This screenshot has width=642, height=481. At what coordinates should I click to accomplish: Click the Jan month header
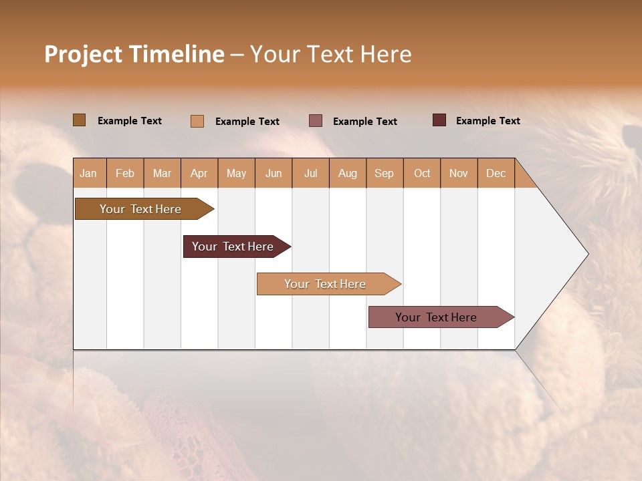[x=89, y=174]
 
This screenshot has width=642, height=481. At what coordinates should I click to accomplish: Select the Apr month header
[x=199, y=174]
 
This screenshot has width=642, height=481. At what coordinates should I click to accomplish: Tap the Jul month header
[x=311, y=174]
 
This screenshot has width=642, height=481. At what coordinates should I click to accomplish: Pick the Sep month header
[x=385, y=174]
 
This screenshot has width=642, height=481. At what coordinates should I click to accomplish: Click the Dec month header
[x=496, y=174]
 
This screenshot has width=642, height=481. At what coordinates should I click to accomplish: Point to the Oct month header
[x=422, y=174]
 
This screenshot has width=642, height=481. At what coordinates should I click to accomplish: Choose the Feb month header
[x=125, y=174]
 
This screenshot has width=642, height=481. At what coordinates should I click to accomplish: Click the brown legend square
[x=80, y=120]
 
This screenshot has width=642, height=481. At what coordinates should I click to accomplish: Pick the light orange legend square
[x=197, y=121]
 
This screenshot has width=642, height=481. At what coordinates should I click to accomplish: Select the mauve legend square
[x=316, y=121]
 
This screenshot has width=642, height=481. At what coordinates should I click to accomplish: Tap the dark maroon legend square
[x=439, y=120]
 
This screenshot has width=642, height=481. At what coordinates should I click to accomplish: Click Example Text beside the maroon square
[x=488, y=121]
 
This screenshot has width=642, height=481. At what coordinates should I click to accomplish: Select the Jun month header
[x=274, y=174]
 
